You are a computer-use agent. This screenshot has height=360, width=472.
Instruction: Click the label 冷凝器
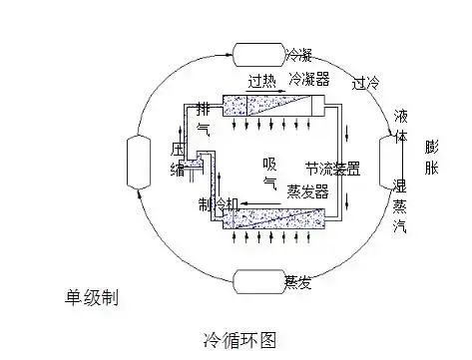(307, 78)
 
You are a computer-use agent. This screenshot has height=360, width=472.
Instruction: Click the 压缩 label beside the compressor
(178, 160)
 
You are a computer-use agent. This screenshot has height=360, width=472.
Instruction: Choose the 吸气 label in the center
(269, 174)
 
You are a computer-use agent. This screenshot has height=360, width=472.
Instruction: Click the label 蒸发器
(307, 191)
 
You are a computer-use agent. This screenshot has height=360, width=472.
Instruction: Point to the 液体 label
(401, 128)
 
